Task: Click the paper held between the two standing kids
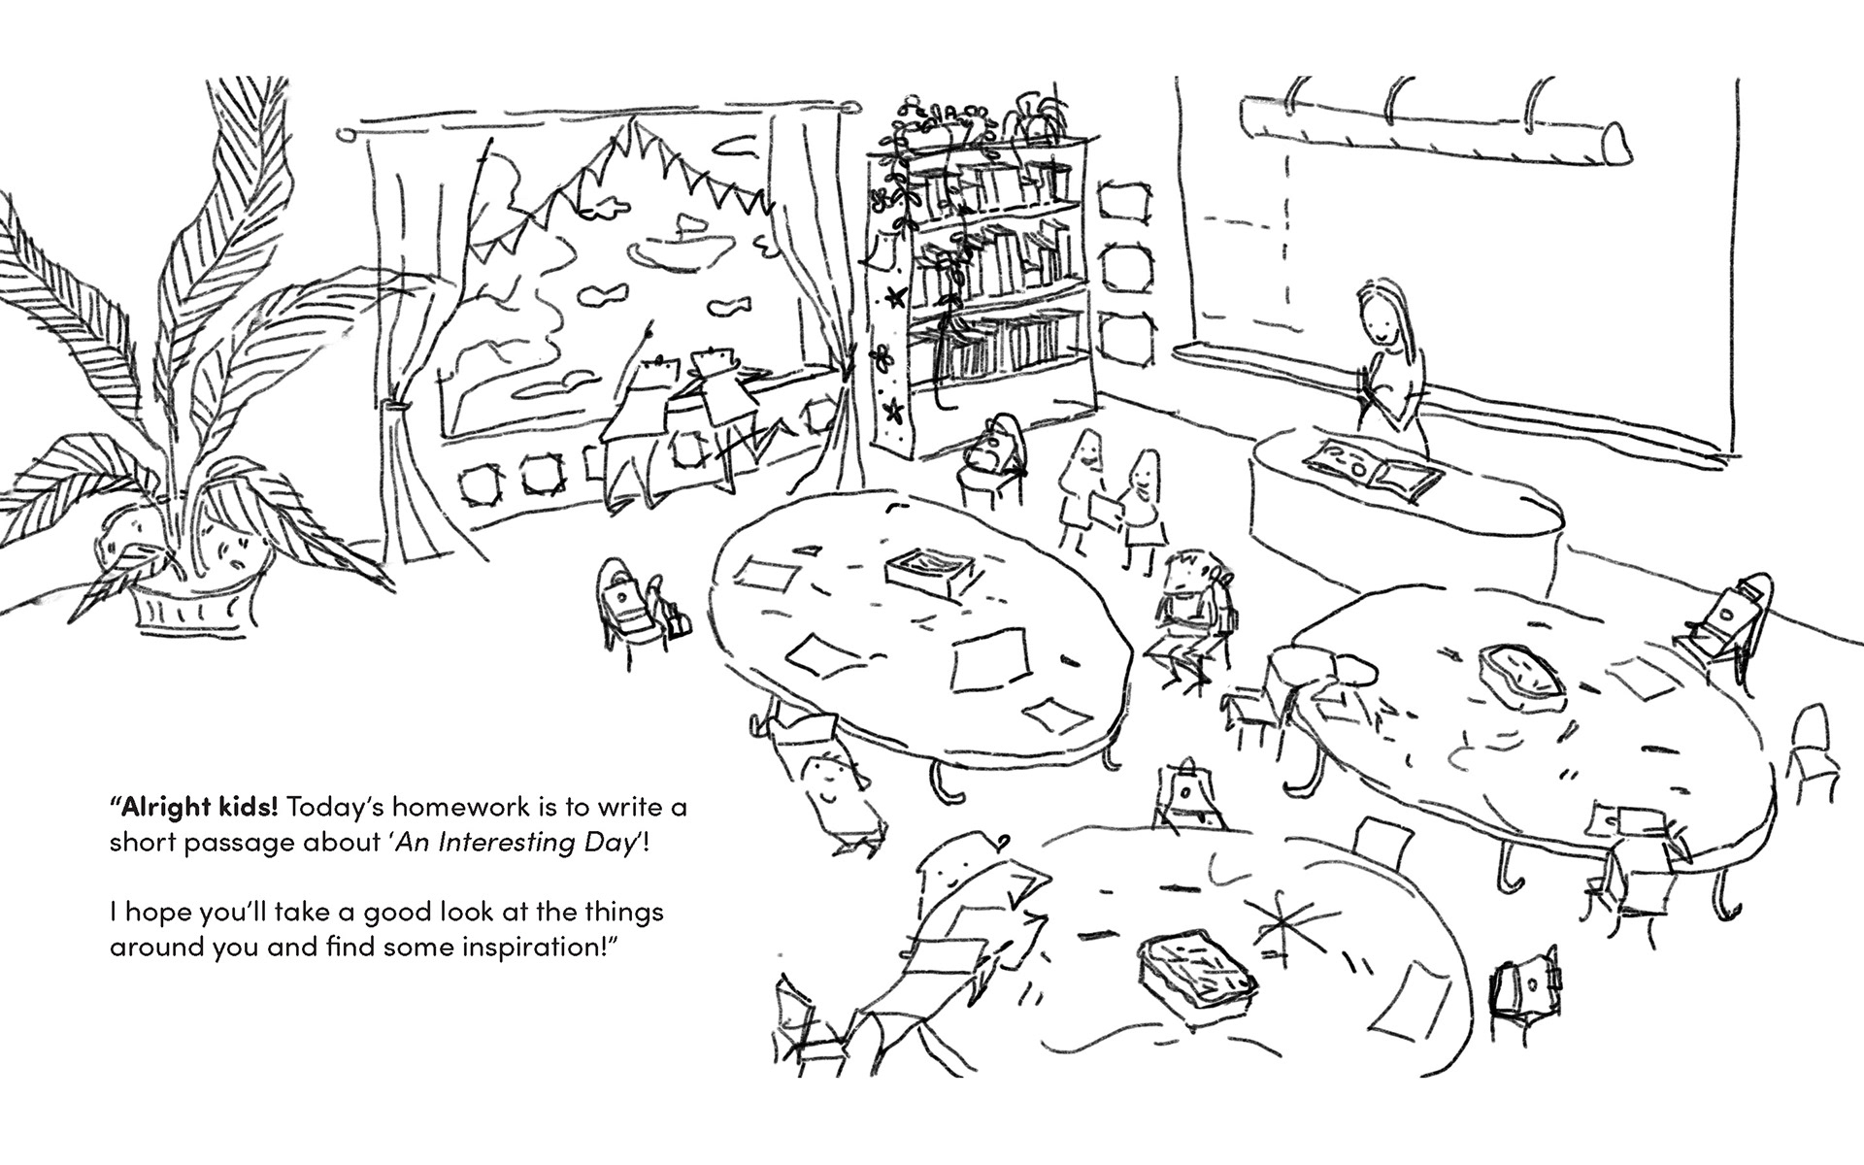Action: [x=1108, y=506]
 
